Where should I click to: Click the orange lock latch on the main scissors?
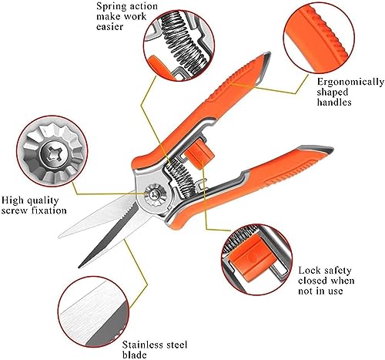click(199, 153)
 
